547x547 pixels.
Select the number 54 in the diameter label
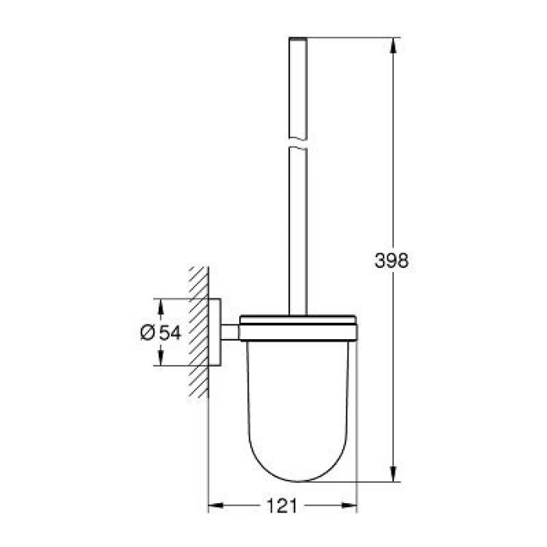click(171, 332)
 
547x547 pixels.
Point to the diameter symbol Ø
click(148, 332)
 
